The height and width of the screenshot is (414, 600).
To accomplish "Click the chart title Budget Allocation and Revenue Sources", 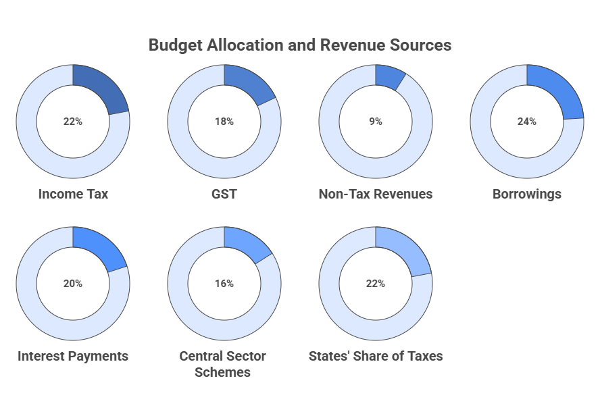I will (299, 45).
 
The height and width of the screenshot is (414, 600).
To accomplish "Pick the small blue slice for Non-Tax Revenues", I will (389, 77).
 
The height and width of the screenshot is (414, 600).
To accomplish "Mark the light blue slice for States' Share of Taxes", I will (404, 249).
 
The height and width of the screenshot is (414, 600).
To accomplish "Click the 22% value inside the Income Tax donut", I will (72, 122).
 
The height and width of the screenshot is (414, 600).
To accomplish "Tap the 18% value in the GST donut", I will (224, 122).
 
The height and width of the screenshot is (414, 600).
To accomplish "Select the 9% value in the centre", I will (375, 122).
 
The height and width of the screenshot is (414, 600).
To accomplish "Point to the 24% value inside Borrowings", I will (526, 122).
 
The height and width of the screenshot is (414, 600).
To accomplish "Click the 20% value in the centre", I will (72, 284).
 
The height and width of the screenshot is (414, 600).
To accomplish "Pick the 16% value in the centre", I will (224, 284).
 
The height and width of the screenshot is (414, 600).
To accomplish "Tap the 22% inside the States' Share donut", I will (375, 284).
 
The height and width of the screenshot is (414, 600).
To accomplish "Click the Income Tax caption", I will (73, 194).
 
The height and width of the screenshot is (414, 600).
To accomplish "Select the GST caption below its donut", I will (224, 194).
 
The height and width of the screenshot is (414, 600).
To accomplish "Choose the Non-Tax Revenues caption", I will (375, 194).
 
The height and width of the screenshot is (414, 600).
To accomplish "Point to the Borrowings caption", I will (526, 194).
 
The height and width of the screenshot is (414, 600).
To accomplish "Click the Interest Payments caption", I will (73, 356).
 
